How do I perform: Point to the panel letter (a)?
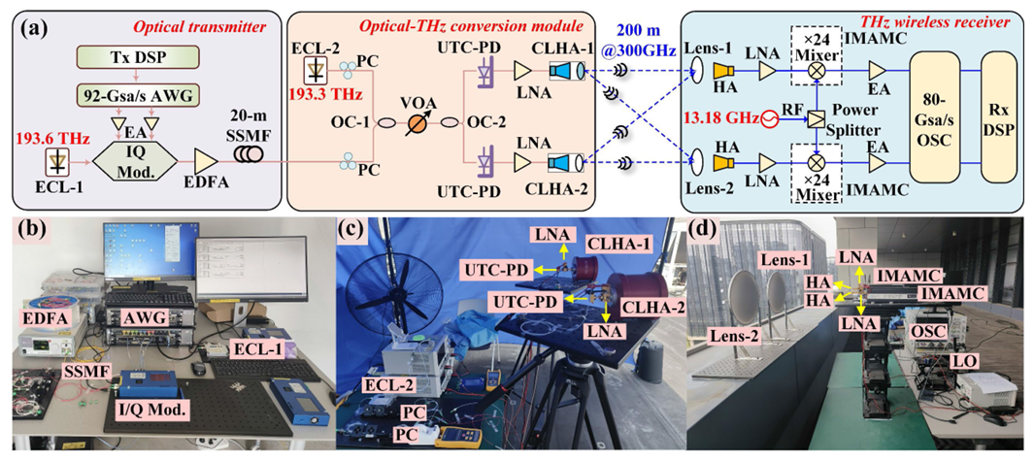26,25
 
